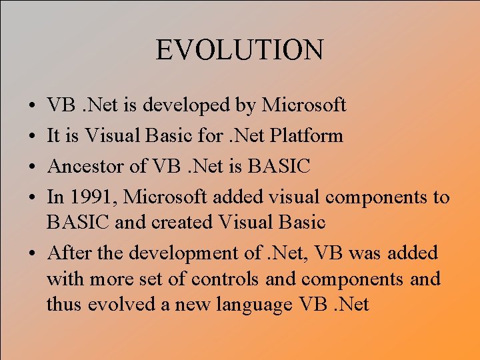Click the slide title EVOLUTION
coord(240,51)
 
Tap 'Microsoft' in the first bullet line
coord(304,105)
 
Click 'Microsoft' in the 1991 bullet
coord(163,197)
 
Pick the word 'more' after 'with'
coord(107,279)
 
